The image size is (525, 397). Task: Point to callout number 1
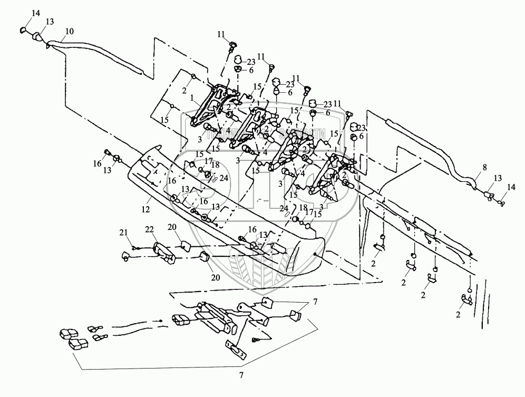pos(193,98)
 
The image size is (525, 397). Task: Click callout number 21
pos(123,233)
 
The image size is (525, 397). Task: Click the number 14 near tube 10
pos(35,12)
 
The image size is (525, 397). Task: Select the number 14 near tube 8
pos(509,187)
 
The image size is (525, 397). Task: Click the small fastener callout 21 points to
pos(135,248)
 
